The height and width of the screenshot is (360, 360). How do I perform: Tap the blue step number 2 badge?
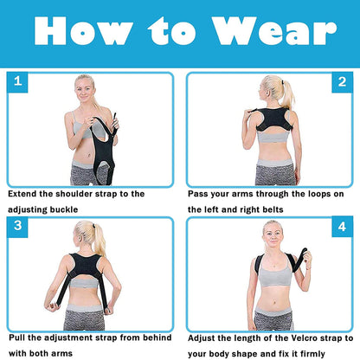pos(342,82)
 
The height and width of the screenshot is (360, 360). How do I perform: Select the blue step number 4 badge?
pos(342,227)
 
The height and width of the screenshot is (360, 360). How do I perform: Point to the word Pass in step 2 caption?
pos(200,194)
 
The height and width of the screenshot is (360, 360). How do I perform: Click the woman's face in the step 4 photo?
pos(272,233)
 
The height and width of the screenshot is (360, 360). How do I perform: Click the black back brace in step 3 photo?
pos(81,264)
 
